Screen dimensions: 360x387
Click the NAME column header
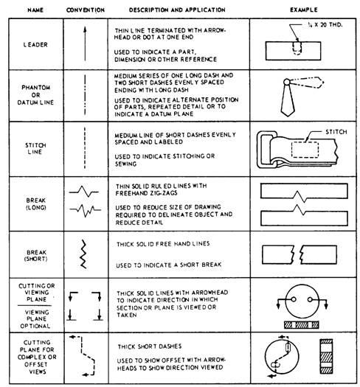coord(35,10)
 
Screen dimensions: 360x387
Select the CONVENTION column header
coord(86,10)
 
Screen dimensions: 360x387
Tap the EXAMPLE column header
coord(304,10)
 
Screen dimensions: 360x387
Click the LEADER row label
coord(35,45)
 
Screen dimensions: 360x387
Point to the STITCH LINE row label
coord(35,148)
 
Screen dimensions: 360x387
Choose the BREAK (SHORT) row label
coord(36,256)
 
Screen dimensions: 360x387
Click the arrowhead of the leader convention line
coord(85,29)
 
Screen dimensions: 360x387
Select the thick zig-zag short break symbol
coord(84,254)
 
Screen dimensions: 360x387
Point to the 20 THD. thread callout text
coord(331,24)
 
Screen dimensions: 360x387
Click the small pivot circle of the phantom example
coord(287,81)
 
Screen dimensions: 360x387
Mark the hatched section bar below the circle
coord(301,325)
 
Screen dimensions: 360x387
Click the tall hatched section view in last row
coord(326,356)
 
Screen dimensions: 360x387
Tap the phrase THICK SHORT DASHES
coord(150,346)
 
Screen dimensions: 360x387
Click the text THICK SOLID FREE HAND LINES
coord(163,244)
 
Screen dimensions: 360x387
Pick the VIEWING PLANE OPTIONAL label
coord(36,319)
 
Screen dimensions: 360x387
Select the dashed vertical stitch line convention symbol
coord(85,148)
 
